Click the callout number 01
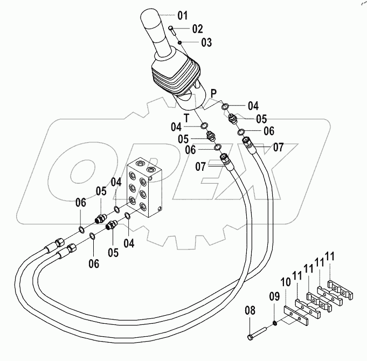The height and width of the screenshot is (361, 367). pos(183,14)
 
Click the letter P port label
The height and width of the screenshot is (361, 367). pos(214,93)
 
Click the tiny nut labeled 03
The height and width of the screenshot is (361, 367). pos(181,41)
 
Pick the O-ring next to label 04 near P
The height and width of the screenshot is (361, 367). pos(225,107)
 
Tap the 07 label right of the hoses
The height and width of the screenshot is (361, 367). pos(278,146)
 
